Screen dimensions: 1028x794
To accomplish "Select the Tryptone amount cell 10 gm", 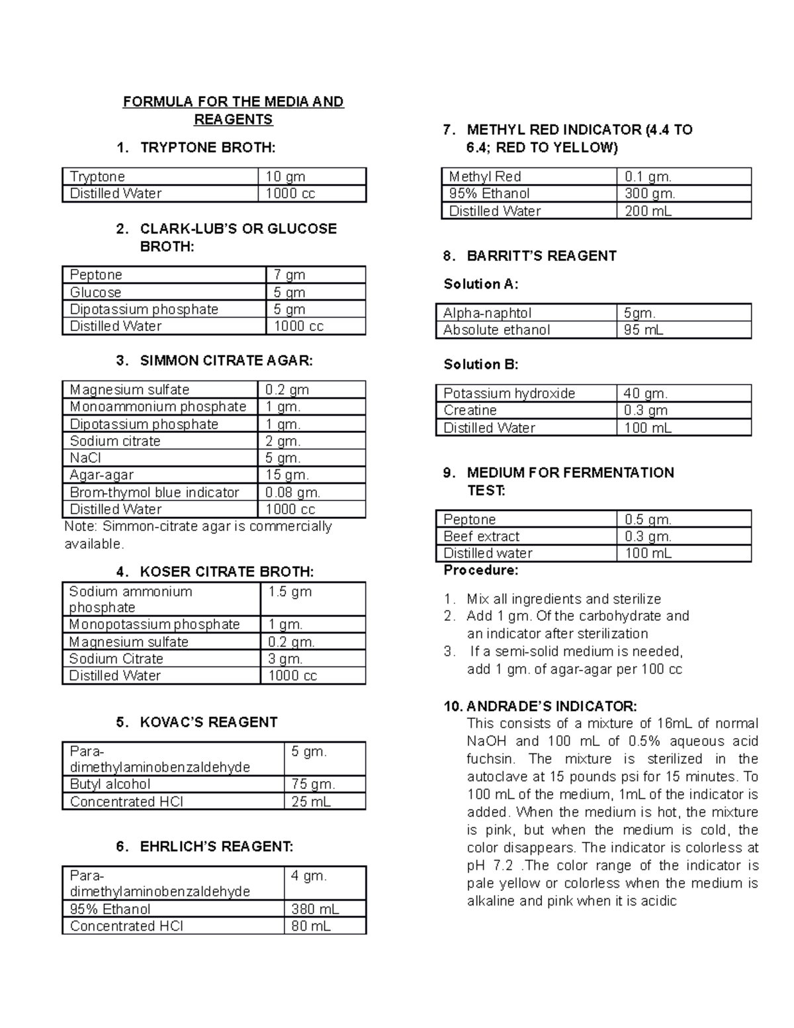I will [x=285, y=177].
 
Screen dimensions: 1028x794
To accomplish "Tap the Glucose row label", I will [x=96, y=293].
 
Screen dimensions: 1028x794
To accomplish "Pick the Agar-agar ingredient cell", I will [x=102, y=475].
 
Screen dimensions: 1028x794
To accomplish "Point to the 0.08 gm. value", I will [x=292, y=492].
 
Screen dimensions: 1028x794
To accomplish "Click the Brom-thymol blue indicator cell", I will [x=154, y=492].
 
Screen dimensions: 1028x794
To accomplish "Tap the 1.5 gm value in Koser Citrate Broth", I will [x=289, y=592].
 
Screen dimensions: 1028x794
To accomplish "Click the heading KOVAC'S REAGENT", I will [x=208, y=722].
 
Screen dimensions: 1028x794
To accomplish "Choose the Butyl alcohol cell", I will [x=110, y=784].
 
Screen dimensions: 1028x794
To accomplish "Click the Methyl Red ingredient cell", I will [x=485, y=177].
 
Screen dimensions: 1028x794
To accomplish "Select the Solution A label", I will [x=480, y=284].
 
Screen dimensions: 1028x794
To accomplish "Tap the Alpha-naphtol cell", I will [x=487, y=313].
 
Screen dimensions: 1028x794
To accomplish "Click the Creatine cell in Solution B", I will [x=470, y=410].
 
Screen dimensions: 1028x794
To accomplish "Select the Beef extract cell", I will [x=481, y=536].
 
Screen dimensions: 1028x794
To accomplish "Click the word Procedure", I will [x=480, y=570].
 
